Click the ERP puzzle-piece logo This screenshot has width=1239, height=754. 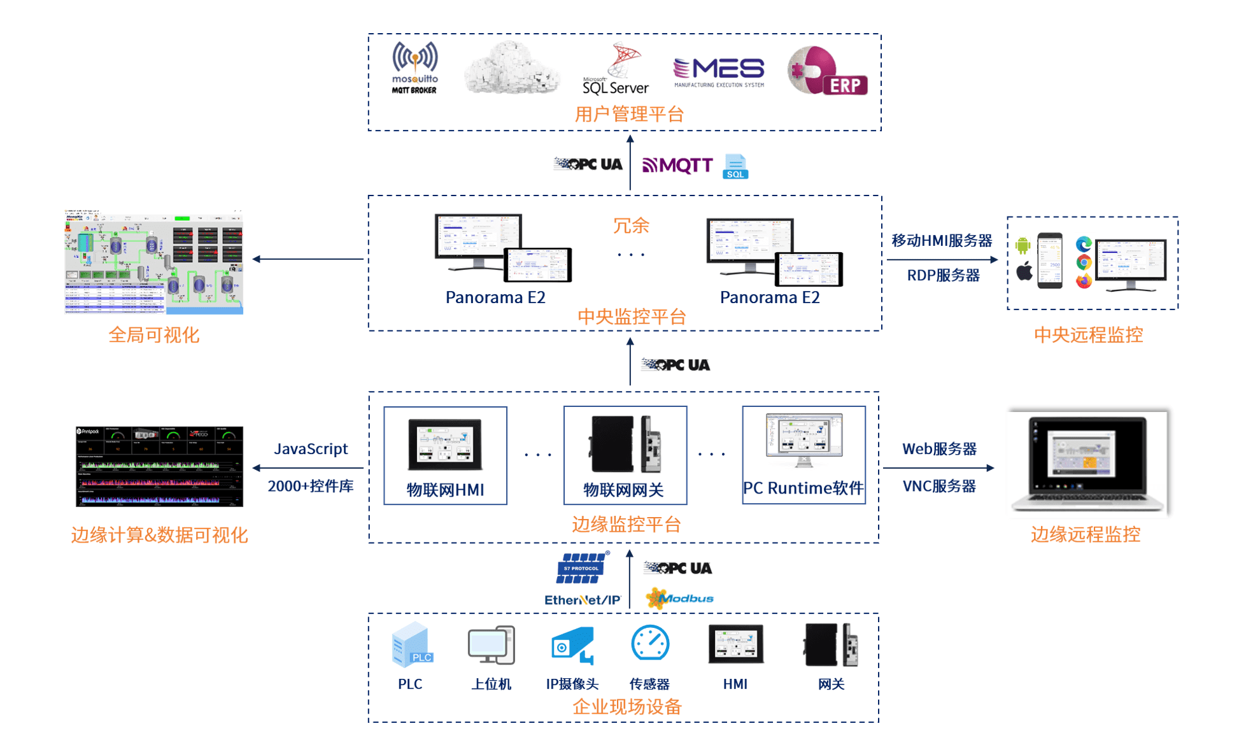827,71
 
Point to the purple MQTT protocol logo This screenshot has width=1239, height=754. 677,166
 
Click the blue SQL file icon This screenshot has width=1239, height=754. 735,167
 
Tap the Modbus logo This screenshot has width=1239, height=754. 679,599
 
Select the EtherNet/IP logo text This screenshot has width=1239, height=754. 582,600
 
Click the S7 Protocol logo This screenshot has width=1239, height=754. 582,568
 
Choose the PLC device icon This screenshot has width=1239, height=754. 411,645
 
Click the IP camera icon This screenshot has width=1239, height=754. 572,645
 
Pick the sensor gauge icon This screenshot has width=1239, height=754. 649,644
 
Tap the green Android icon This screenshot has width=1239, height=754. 1023,245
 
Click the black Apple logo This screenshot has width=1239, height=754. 1024,272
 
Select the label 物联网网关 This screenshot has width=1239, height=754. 624,490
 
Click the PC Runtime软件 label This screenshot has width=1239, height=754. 803,488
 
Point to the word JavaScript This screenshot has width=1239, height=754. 311,449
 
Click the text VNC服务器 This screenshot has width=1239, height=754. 939,487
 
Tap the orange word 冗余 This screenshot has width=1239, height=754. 630,225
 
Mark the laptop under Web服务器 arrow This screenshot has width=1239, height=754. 1089,462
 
